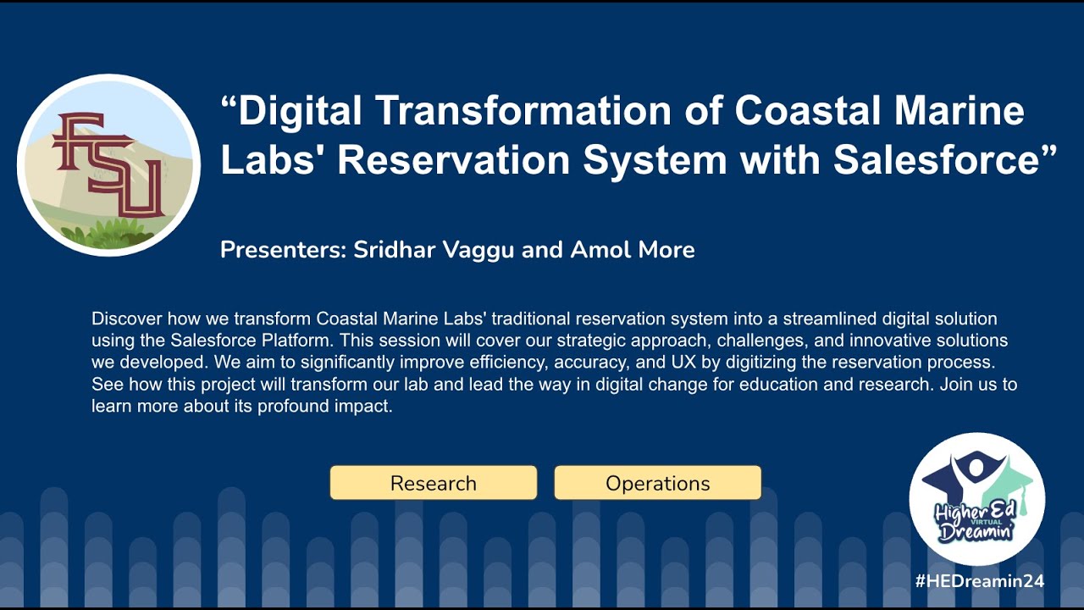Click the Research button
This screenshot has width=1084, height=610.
[433, 483]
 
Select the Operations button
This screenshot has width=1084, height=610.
[657, 483]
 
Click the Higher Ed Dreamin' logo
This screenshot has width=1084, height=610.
[976, 500]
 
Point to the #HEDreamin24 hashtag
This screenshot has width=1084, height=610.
[979, 581]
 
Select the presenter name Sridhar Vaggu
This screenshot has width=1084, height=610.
[427, 250]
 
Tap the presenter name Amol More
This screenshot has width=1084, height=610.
[633, 250]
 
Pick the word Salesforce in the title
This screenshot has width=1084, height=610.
[936, 160]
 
